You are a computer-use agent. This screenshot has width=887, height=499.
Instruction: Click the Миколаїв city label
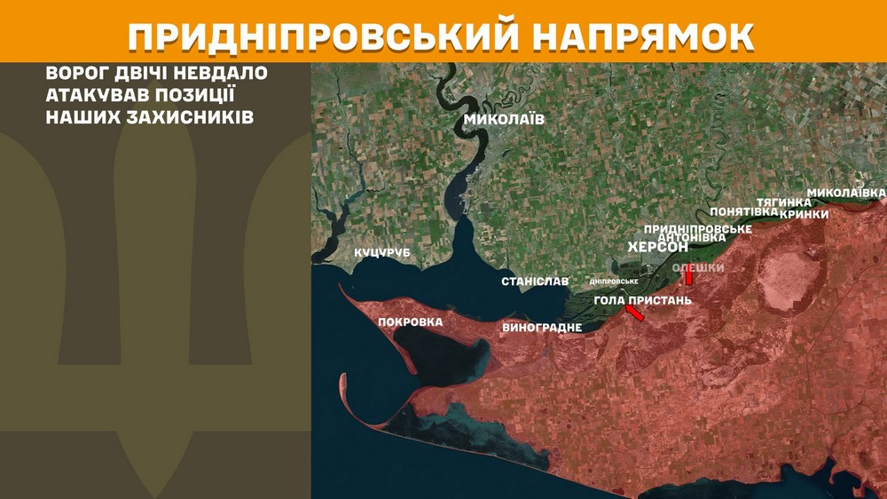(x=504, y=120)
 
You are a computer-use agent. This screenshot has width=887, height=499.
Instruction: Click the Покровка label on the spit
(x=410, y=322)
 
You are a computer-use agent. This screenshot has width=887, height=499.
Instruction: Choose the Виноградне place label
(x=542, y=328)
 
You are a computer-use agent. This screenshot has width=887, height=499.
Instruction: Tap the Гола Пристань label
(x=642, y=300)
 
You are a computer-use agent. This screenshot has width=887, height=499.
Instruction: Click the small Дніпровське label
(x=614, y=281)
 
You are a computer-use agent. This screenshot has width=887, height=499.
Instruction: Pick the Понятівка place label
(x=744, y=212)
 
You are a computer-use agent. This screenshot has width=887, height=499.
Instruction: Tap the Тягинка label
(x=783, y=202)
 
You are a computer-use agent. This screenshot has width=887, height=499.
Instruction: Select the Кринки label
(x=805, y=214)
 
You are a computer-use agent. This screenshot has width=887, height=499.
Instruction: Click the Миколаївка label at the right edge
(x=845, y=192)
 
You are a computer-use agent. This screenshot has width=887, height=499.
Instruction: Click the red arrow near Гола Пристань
(x=636, y=313)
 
